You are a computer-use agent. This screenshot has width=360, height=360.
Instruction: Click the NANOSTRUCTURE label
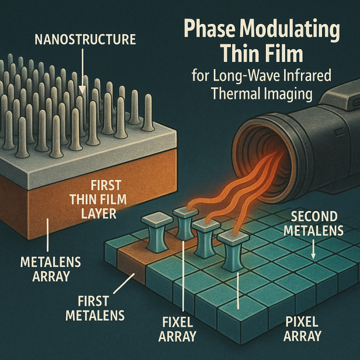(x=85, y=39)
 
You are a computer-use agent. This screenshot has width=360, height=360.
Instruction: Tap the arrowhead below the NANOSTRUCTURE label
(x=82, y=90)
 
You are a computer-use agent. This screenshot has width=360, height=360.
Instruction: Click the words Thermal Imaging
(x=262, y=94)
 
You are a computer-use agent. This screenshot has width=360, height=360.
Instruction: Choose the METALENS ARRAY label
(x=51, y=269)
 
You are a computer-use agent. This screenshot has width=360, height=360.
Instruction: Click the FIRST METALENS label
(x=95, y=308)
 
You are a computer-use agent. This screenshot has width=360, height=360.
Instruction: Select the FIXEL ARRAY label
(x=177, y=329)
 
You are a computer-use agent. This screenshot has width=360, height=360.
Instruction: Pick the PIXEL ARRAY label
(x=302, y=329)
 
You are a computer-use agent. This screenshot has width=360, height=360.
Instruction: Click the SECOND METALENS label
(x=314, y=224)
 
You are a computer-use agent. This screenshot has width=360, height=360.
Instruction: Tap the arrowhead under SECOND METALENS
(x=313, y=255)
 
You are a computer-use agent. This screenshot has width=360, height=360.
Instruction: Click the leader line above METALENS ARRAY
(x=48, y=235)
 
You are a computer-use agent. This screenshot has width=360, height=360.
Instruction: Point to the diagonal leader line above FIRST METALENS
(x=124, y=283)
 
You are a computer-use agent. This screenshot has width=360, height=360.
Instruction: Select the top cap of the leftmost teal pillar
(x=157, y=219)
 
